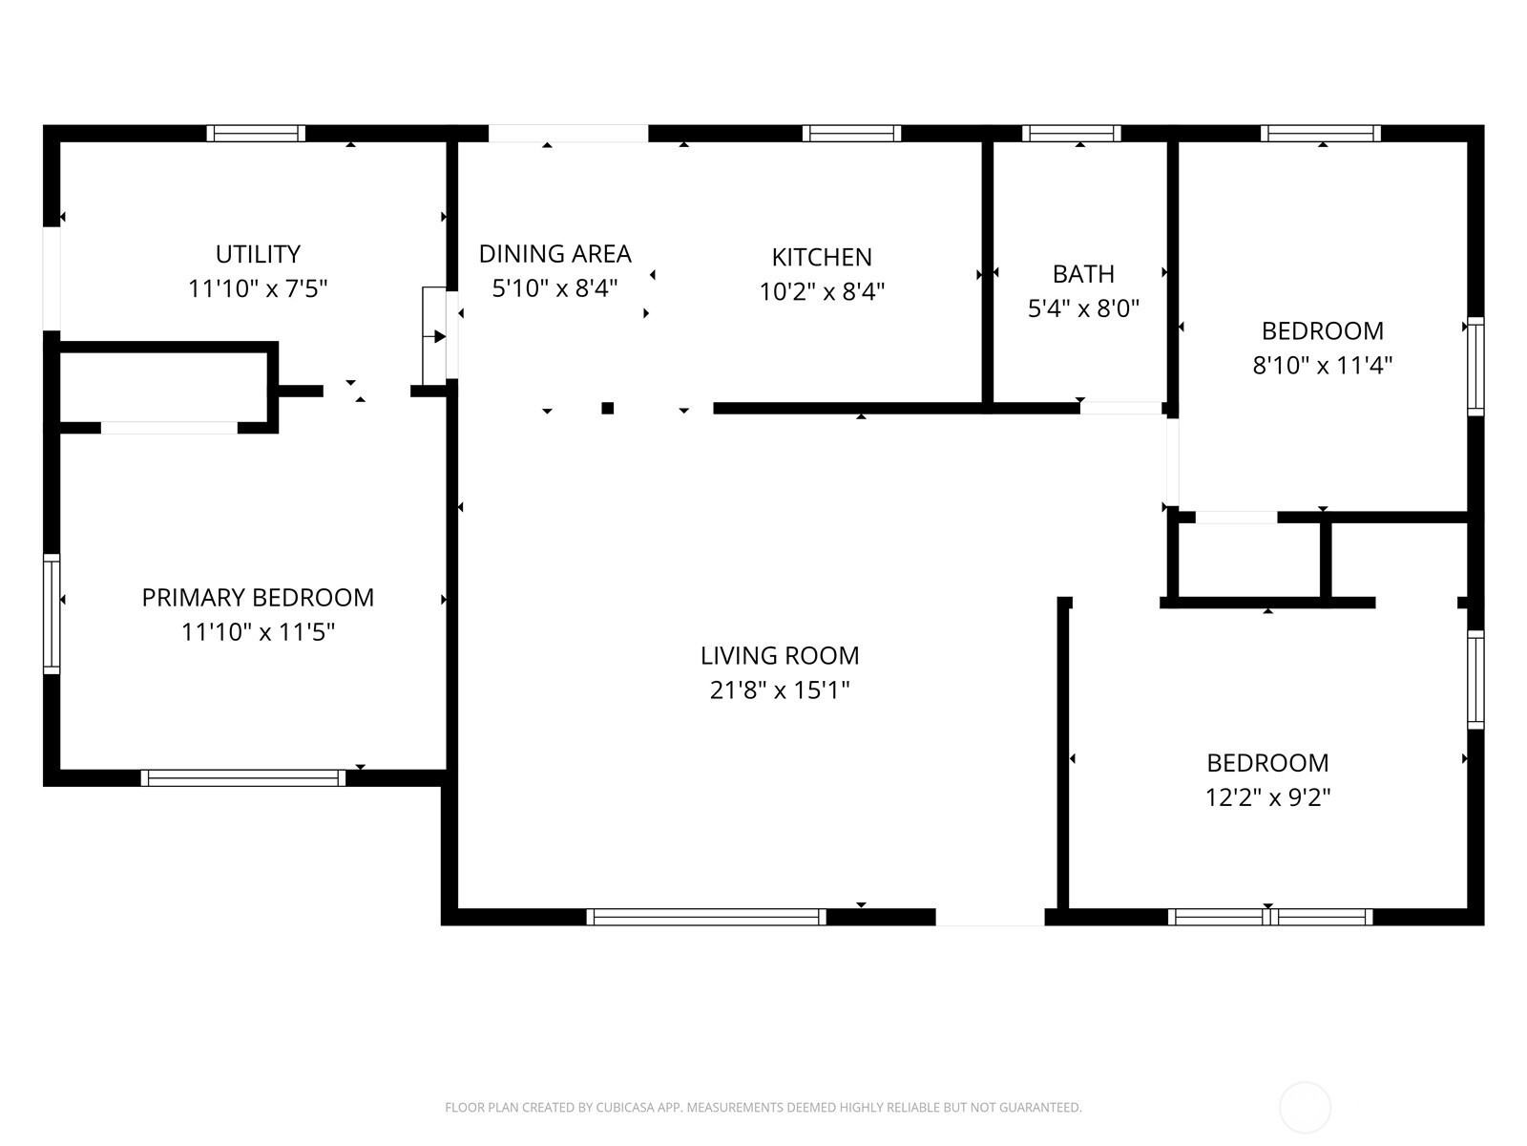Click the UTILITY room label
(x=258, y=254)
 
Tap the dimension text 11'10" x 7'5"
(x=258, y=288)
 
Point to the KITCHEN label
(x=822, y=257)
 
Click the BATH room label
(x=1083, y=274)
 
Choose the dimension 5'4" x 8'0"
(x=1083, y=308)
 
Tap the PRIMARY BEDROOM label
(x=258, y=597)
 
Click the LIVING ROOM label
(x=779, y=655)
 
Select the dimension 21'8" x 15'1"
(x=779, y=690)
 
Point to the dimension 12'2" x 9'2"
(x=1267, y=796)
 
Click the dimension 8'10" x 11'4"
(x=1322, y=365)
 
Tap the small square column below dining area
(x=607, y=409)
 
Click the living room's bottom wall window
(x=706, y=917)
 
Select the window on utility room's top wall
(x=256, y=133)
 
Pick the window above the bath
(x=1072, y=133)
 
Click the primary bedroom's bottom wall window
(x=242, y=778)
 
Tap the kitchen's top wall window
(x=851, y=133)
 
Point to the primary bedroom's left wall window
(x=52, y=614)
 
